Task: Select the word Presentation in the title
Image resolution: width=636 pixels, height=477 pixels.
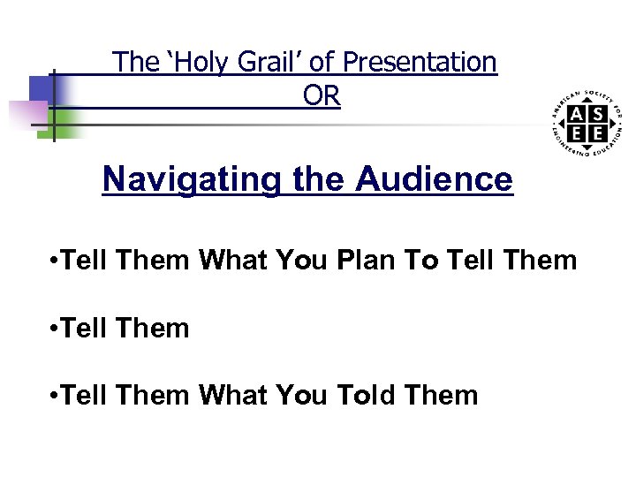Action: point(420,62)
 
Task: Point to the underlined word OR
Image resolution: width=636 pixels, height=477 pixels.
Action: point(322,95)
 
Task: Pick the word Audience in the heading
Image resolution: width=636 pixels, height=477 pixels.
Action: point(434,179)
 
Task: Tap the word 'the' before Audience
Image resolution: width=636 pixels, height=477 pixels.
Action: point(319,179)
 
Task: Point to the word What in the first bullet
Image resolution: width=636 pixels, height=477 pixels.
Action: point(232,261)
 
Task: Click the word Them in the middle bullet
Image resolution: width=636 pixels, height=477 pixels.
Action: point(152,328)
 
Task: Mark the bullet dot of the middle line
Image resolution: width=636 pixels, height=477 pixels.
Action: point(55,329)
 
